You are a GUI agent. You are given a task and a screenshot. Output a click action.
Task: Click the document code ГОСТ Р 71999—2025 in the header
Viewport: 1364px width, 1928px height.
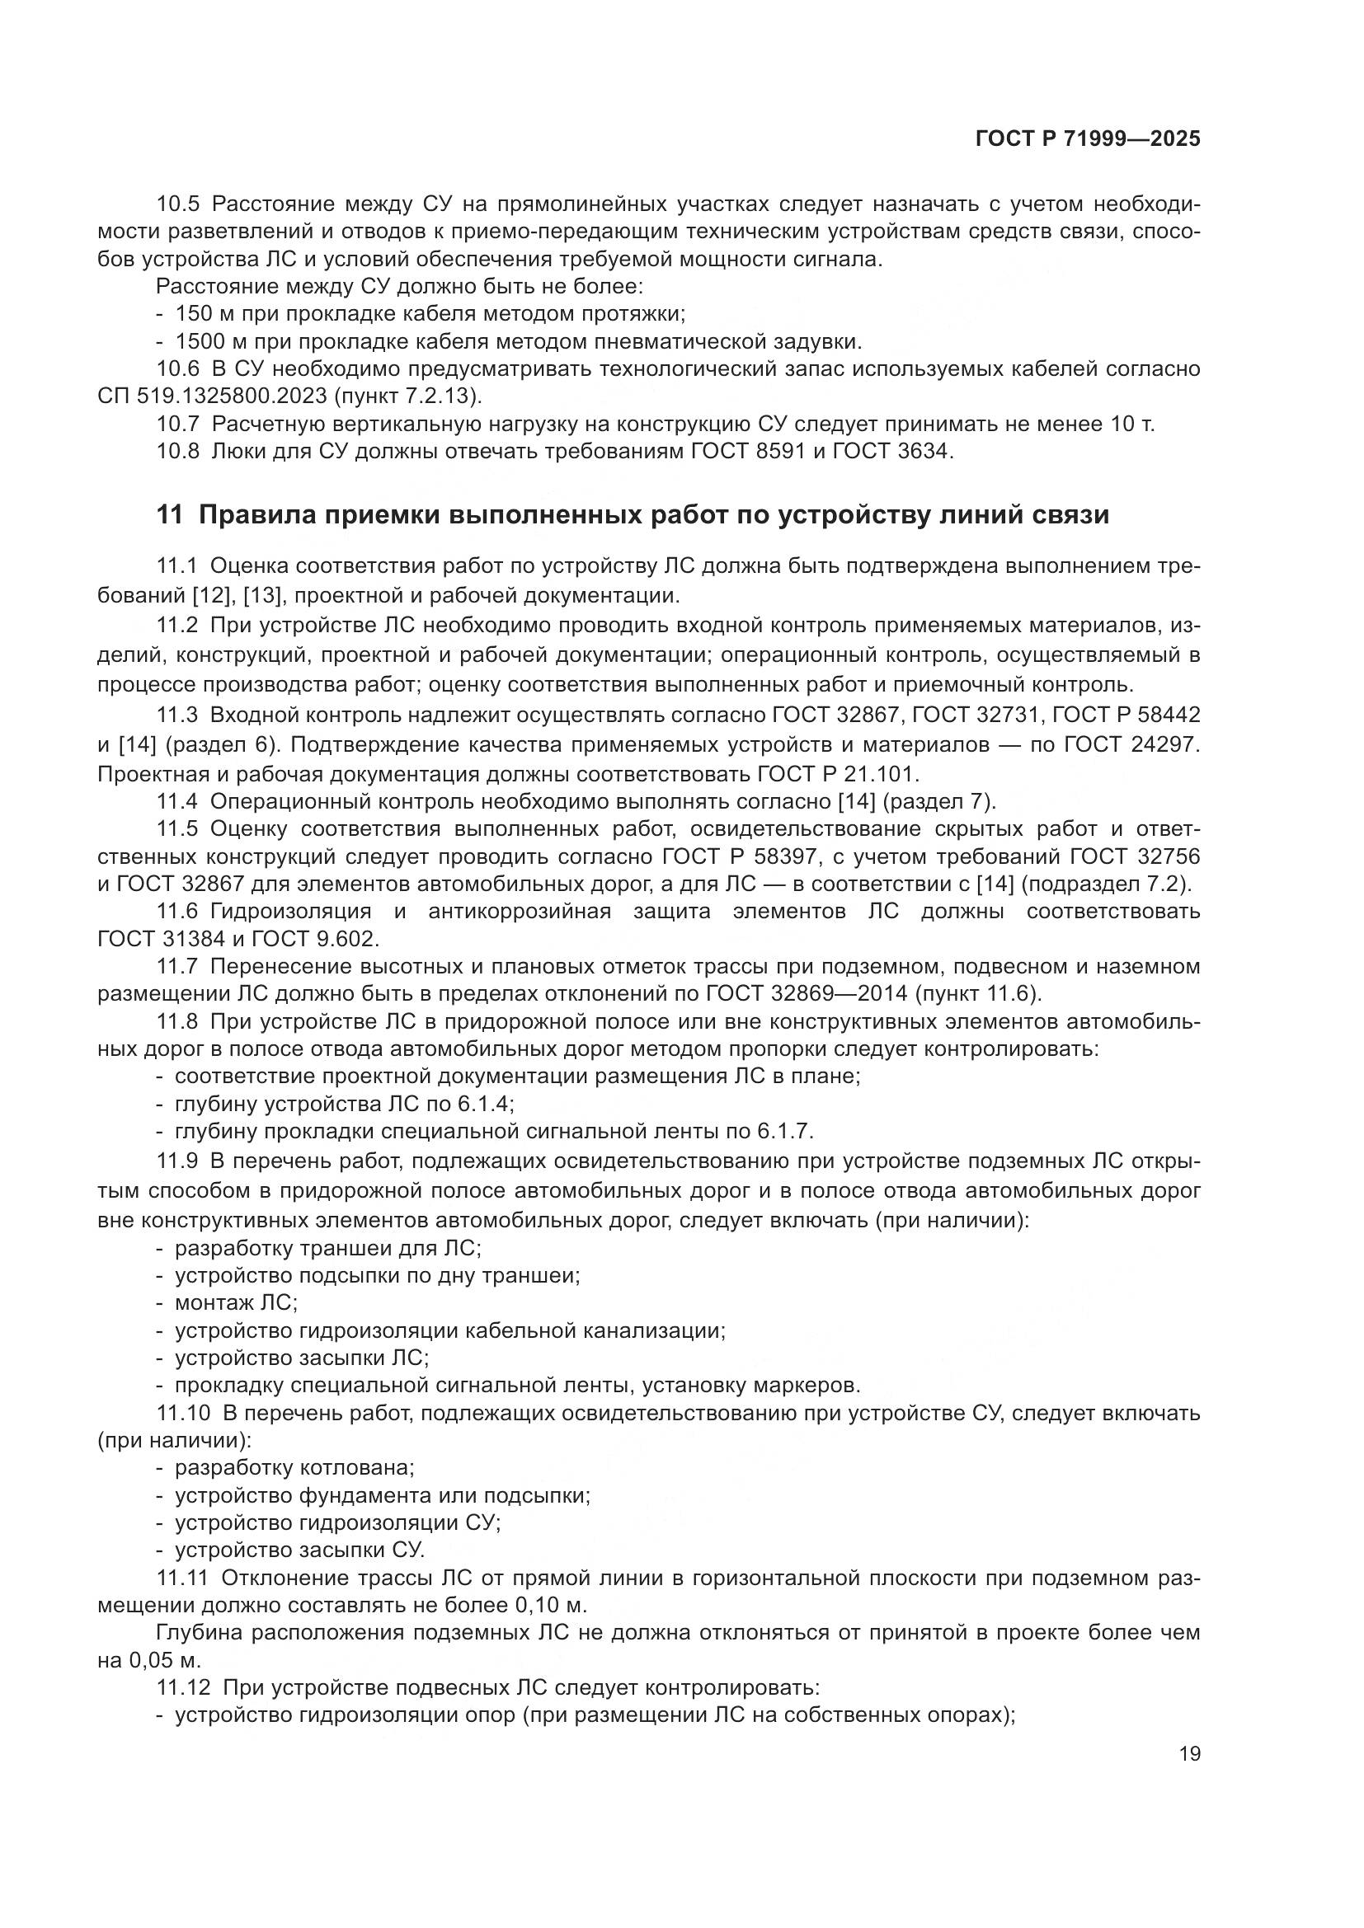[x=1088, y=139]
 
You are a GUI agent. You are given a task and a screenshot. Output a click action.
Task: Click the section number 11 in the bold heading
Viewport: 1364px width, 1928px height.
[x=169, y=515]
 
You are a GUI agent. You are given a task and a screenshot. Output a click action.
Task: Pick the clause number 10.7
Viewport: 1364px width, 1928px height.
[x=177, y=424]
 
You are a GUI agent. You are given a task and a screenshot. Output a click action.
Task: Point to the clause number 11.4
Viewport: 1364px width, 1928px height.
[x=177, y=802]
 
